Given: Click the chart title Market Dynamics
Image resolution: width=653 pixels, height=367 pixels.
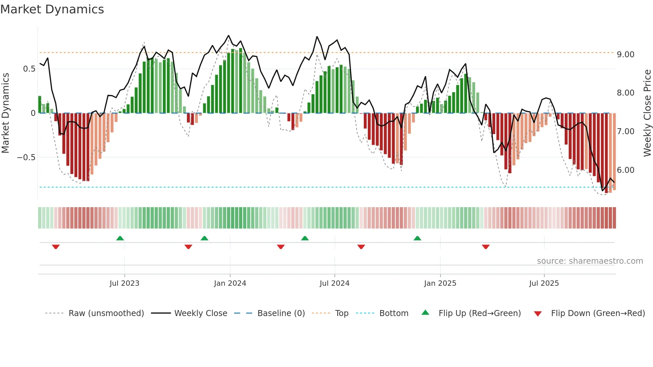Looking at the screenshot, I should pos(52,9).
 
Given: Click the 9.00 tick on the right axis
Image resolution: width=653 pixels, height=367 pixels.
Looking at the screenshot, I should pos(625,54).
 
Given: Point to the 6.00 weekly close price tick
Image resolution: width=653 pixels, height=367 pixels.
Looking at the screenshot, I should pos(625,170).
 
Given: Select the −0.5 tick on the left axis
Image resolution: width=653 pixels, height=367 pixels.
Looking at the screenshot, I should pos(26,157).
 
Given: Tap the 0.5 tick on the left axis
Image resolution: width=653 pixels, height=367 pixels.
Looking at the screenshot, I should pos(29,69).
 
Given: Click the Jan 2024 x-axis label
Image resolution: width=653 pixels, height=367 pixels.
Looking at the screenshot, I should pos(230,283).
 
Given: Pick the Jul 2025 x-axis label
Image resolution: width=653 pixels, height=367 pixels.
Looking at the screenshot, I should pos(544,283).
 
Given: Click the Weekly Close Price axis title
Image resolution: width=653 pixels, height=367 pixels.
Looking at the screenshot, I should pos(647,113).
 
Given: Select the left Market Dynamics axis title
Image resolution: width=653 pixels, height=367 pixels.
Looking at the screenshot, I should pos(5,113).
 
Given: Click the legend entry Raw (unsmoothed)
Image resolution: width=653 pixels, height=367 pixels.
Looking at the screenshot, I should pos(106,313).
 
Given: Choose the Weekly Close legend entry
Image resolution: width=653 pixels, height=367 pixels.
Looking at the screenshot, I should pos(201,313).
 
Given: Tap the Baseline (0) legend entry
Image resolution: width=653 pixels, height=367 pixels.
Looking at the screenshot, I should pos(281,313).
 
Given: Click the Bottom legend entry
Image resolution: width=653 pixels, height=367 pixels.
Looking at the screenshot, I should pos(393,313).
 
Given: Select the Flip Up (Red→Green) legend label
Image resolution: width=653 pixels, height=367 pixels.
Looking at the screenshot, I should pos(479,313).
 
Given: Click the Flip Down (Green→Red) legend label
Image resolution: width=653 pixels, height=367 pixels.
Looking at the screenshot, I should pos(598,313).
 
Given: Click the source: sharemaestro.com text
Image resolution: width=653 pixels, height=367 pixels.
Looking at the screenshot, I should pos(590,261).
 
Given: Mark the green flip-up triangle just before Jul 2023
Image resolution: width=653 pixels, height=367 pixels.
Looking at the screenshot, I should pos(120,238).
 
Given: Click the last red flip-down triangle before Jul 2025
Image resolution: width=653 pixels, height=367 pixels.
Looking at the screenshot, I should pos(485,247).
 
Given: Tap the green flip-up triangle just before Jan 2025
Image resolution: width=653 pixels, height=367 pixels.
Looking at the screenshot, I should pos(417,238).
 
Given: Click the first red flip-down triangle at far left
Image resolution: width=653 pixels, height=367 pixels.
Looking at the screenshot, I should pos(56,247).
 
